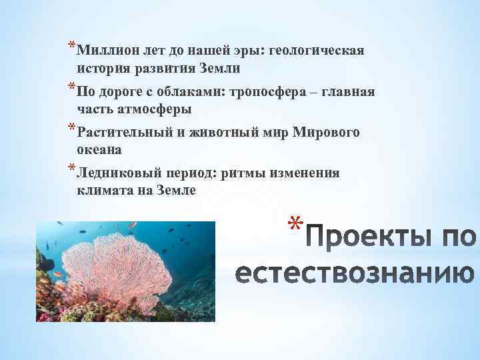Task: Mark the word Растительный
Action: (x=124, y=132)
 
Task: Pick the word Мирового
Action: (x=326, y=132)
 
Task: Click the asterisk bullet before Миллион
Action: (x=71, y=47)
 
